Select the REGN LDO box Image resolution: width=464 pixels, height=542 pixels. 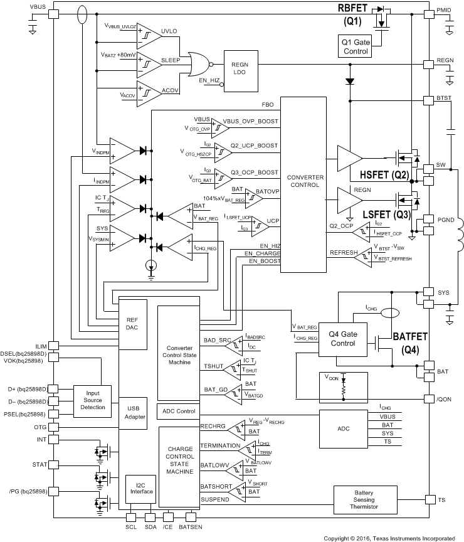point(240,70)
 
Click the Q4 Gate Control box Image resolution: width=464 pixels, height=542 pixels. point(342,339)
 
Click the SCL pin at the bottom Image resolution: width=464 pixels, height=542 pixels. point(131,517)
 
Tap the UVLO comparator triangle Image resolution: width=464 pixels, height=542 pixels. point(148,31)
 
